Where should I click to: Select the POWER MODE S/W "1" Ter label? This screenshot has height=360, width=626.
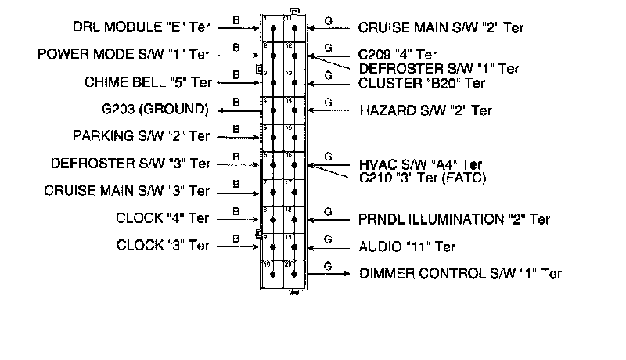tap(124, 55)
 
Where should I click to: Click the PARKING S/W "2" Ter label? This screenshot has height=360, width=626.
tap(141, 136)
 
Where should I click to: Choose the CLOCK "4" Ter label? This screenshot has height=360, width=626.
tap(162, 218)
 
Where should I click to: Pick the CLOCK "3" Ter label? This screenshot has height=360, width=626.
tap(162, 246)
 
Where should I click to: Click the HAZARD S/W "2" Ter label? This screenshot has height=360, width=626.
tap(426, 110)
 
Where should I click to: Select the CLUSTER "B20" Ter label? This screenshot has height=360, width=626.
tap(423, 82)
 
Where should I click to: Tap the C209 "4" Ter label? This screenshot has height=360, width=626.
tap(398, 55)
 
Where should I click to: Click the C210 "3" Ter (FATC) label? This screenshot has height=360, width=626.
tap(423, 178)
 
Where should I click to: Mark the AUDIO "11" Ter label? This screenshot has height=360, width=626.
tap(407, 247)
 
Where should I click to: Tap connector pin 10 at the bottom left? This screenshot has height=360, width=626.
tap(272, 275)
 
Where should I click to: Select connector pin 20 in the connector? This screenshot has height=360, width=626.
tap(293, 275)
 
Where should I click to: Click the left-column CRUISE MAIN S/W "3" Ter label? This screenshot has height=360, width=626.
tap(127, 191)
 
